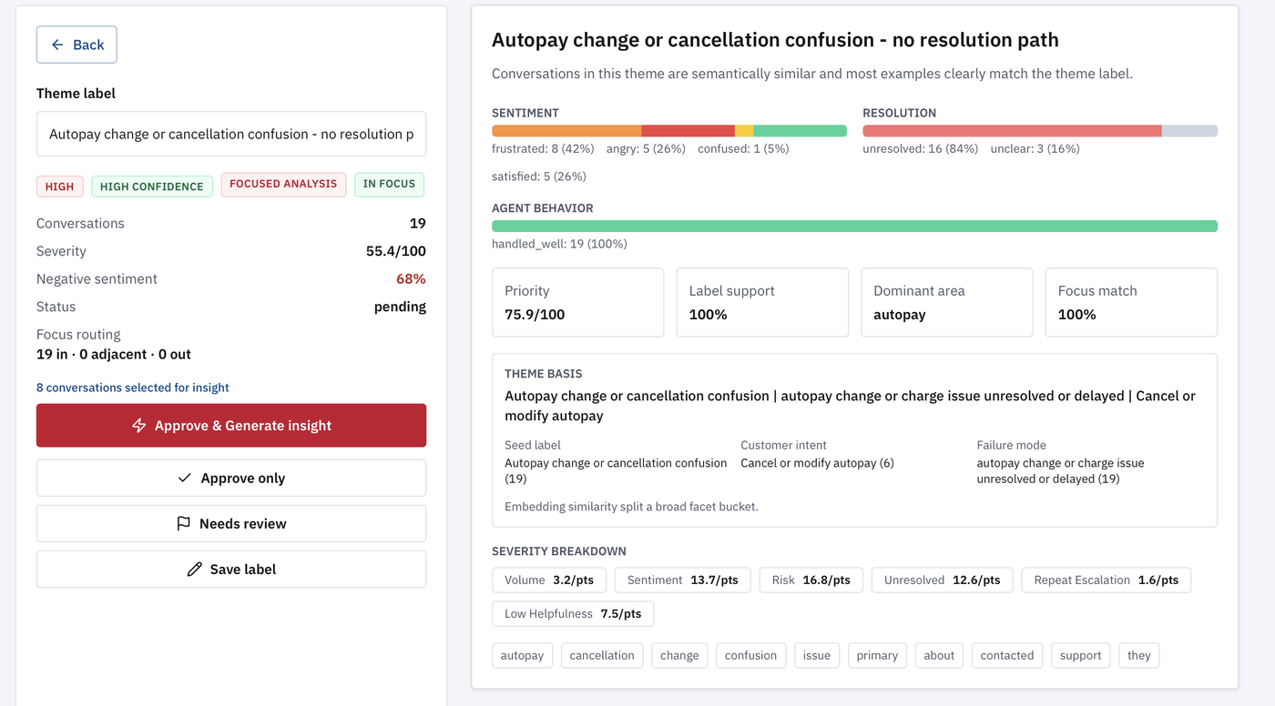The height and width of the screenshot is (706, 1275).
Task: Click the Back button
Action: tap(76, 45)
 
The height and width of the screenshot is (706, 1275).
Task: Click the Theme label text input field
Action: tap(231, 134)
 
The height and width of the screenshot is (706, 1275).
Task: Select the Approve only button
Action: tap(231, 478)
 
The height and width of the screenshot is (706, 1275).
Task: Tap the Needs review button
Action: tap(231, 523)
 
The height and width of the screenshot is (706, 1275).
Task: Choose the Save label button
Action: tap(231, 569)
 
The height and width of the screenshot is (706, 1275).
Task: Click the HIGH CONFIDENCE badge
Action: tap(152, 187)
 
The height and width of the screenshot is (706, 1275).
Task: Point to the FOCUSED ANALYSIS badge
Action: tap(283, 185)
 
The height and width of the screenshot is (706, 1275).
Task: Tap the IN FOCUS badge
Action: tap(390, 185)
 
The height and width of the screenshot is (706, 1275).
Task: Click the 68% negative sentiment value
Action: tap(411, 278)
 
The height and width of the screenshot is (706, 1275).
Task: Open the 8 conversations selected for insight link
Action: tap(133, 387)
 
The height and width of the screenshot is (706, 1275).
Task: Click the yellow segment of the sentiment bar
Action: tap(744, 131)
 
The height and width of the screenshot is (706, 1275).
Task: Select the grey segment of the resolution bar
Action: tap(1189, 131)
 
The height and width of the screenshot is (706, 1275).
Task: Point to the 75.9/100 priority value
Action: tap(535, 315)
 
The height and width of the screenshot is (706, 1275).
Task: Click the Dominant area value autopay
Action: tap(900, 315)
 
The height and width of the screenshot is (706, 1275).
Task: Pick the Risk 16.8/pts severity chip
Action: tap(811, 580)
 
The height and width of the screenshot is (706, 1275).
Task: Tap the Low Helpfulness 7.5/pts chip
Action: tap(573, 614)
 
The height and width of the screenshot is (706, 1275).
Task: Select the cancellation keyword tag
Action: tap(602, 655)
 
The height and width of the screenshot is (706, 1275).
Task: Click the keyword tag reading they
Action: tap(1139, 655)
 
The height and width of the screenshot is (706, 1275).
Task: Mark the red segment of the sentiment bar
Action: tap(688, 131)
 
